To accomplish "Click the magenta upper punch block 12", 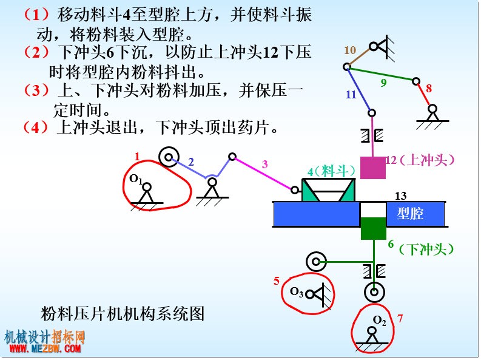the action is [372, 168].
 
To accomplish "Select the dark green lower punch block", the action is [373, 228].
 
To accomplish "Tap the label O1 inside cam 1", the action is [136, 179].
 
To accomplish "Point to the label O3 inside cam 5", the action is [297, 291].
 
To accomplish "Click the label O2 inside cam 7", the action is [380, 320].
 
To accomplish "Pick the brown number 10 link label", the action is [350, 50].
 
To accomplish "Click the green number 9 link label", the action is [383, 83].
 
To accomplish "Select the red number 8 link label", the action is [429, 89].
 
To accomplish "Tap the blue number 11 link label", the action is [351, 95].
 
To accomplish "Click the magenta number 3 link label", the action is [264, 165].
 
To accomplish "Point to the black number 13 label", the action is [400, 196].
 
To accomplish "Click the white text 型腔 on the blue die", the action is [410, 214].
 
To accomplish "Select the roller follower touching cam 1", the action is [169, 157].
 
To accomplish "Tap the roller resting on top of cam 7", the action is [374, 292].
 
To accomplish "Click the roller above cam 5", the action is [316, 262].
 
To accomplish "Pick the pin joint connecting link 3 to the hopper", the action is [295, 190].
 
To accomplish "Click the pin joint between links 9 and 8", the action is [416, 81].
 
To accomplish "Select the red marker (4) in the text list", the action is [36, 127].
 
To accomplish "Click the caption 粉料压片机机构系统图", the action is [123, 314].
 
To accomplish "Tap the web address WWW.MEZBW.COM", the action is [45, 348].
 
